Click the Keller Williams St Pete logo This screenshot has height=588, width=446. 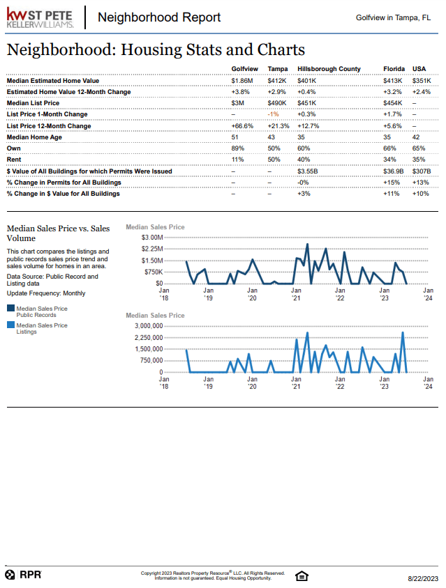point(40,17)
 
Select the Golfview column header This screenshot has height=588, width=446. point(244,69)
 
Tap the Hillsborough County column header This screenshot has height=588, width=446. point(329,69)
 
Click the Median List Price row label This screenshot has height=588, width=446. point(33,103)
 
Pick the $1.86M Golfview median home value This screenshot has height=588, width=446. point(243,81)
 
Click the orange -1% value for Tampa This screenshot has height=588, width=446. point(273,114)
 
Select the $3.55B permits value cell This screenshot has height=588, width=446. point(308,171)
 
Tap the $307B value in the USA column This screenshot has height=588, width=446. point(422,171)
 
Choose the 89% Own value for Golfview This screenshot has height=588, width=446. point(237,148)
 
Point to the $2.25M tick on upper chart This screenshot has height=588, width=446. point(151,249)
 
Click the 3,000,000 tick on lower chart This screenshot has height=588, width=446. point(148,326)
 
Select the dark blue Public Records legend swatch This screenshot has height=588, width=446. point(10,308)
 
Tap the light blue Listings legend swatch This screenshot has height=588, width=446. point(10,325)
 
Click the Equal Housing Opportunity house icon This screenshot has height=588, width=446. point(302,575)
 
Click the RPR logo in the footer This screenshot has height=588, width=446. point(24,575)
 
